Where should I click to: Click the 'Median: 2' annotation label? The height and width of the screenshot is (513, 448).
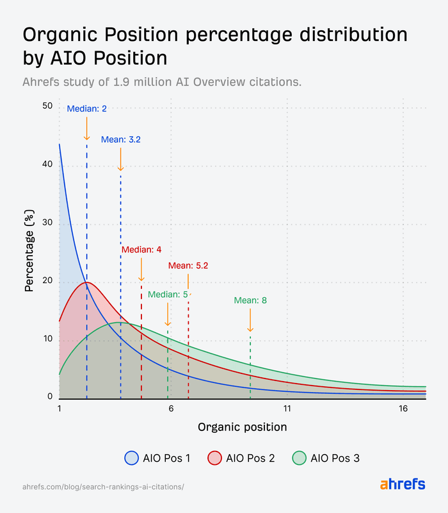[86, 109]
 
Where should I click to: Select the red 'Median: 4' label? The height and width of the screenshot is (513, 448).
[141, 250]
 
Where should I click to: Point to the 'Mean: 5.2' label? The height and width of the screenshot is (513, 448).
[188, 265]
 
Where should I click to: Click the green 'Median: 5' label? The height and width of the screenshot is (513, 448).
[168, 295]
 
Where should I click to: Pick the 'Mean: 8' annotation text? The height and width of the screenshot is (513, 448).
[250, 300]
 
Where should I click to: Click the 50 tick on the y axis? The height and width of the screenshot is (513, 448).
[47, 106]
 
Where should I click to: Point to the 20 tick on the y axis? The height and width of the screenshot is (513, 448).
[47, 281]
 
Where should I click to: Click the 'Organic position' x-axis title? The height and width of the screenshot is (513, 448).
[242, 427]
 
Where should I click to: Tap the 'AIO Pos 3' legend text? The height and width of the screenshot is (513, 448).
[335, 458]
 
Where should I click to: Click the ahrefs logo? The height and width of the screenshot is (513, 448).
[403, 484]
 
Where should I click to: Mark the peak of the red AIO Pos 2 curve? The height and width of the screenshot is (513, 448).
[87, 282]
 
